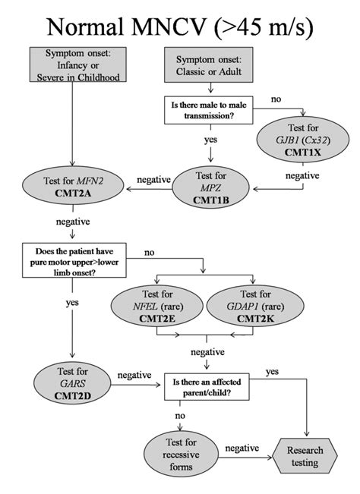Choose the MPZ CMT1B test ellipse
210,185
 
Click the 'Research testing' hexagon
305,456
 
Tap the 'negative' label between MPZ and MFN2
152,180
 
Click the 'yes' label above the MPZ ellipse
209,140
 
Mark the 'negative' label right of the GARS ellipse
133,375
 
